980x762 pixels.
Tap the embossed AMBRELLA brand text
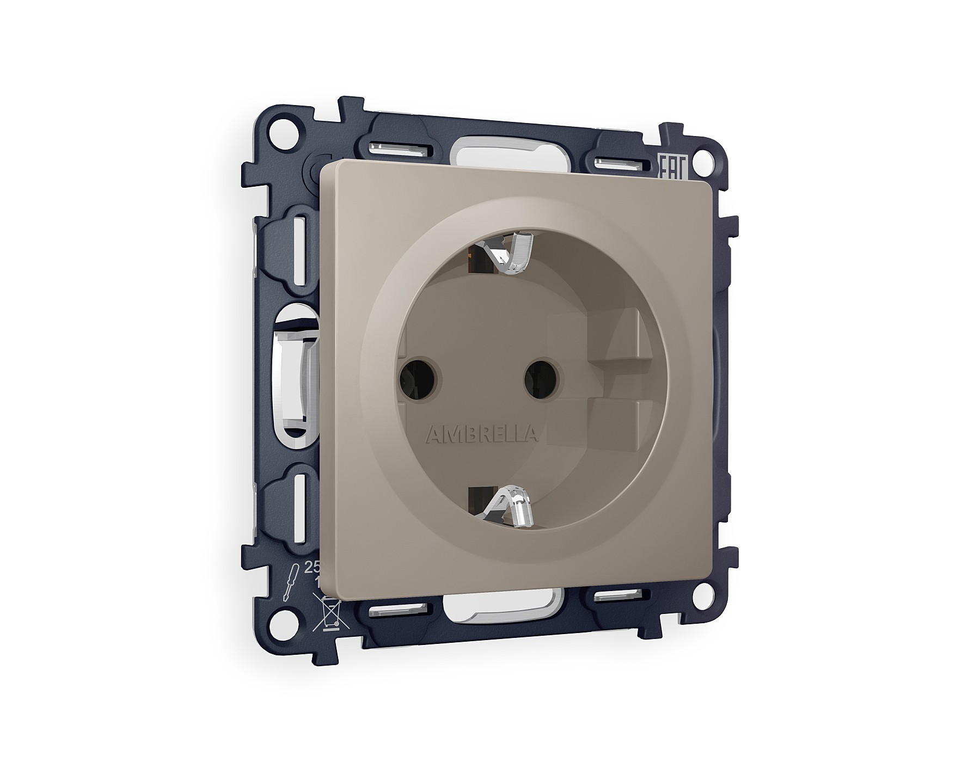click(x=482, y=434)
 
